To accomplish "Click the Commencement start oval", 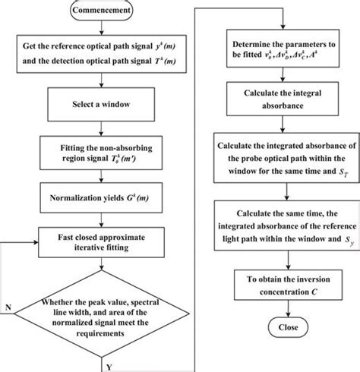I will point(105,12).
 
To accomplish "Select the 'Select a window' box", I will point(105,102).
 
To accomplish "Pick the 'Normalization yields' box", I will point(105,198).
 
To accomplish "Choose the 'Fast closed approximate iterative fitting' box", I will point(105,241).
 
